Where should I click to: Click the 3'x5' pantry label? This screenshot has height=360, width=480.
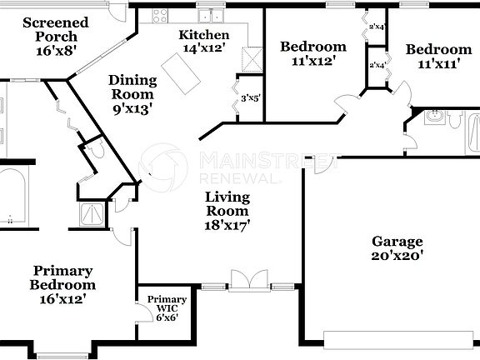(x=251, y=98)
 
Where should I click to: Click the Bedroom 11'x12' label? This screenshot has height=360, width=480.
(x=312, y=53)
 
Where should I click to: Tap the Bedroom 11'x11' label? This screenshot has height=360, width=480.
(x=438, y=57)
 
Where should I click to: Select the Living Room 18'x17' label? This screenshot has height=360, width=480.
(x=227, y=210)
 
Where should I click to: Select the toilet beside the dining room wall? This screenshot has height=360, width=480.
(x=97, y=150)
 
